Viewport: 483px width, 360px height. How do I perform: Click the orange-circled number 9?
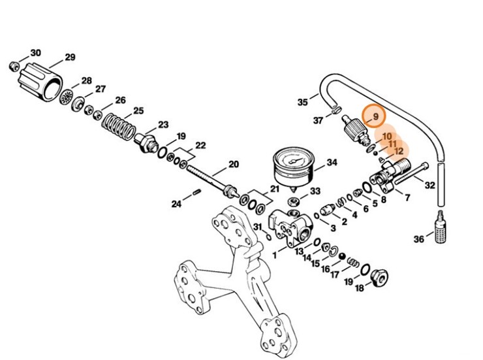[x=375, y=118]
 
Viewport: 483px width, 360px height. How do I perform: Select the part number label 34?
[x=332, y=162]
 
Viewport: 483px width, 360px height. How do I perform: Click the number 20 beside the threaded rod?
[x=232, y=164]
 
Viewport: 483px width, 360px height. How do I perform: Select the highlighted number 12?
[x=399, y=151]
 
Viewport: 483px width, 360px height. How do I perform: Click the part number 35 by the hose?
[x=302, y=102]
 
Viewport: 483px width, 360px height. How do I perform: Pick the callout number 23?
[x=163, y=124]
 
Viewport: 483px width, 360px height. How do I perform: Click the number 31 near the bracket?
[x=258, y=227]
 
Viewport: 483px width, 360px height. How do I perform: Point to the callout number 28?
[x=86, y=81]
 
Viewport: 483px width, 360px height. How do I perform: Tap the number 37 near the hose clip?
[x=318, y=120]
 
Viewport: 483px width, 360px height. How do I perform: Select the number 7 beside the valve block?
[x=407, y=197]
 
